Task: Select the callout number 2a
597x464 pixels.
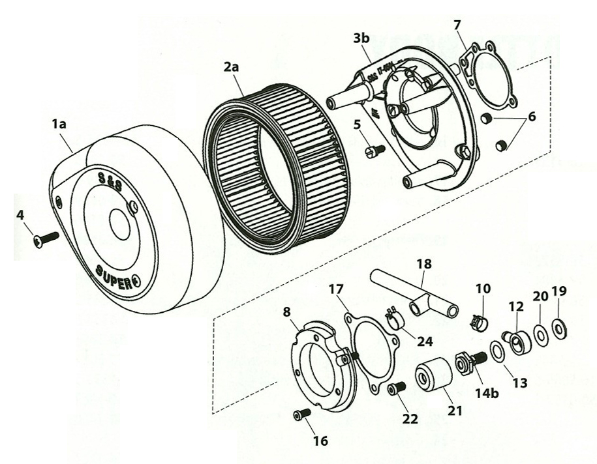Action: (232, 67)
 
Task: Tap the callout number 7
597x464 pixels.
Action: (457, 25)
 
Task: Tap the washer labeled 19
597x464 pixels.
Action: (560, 326)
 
